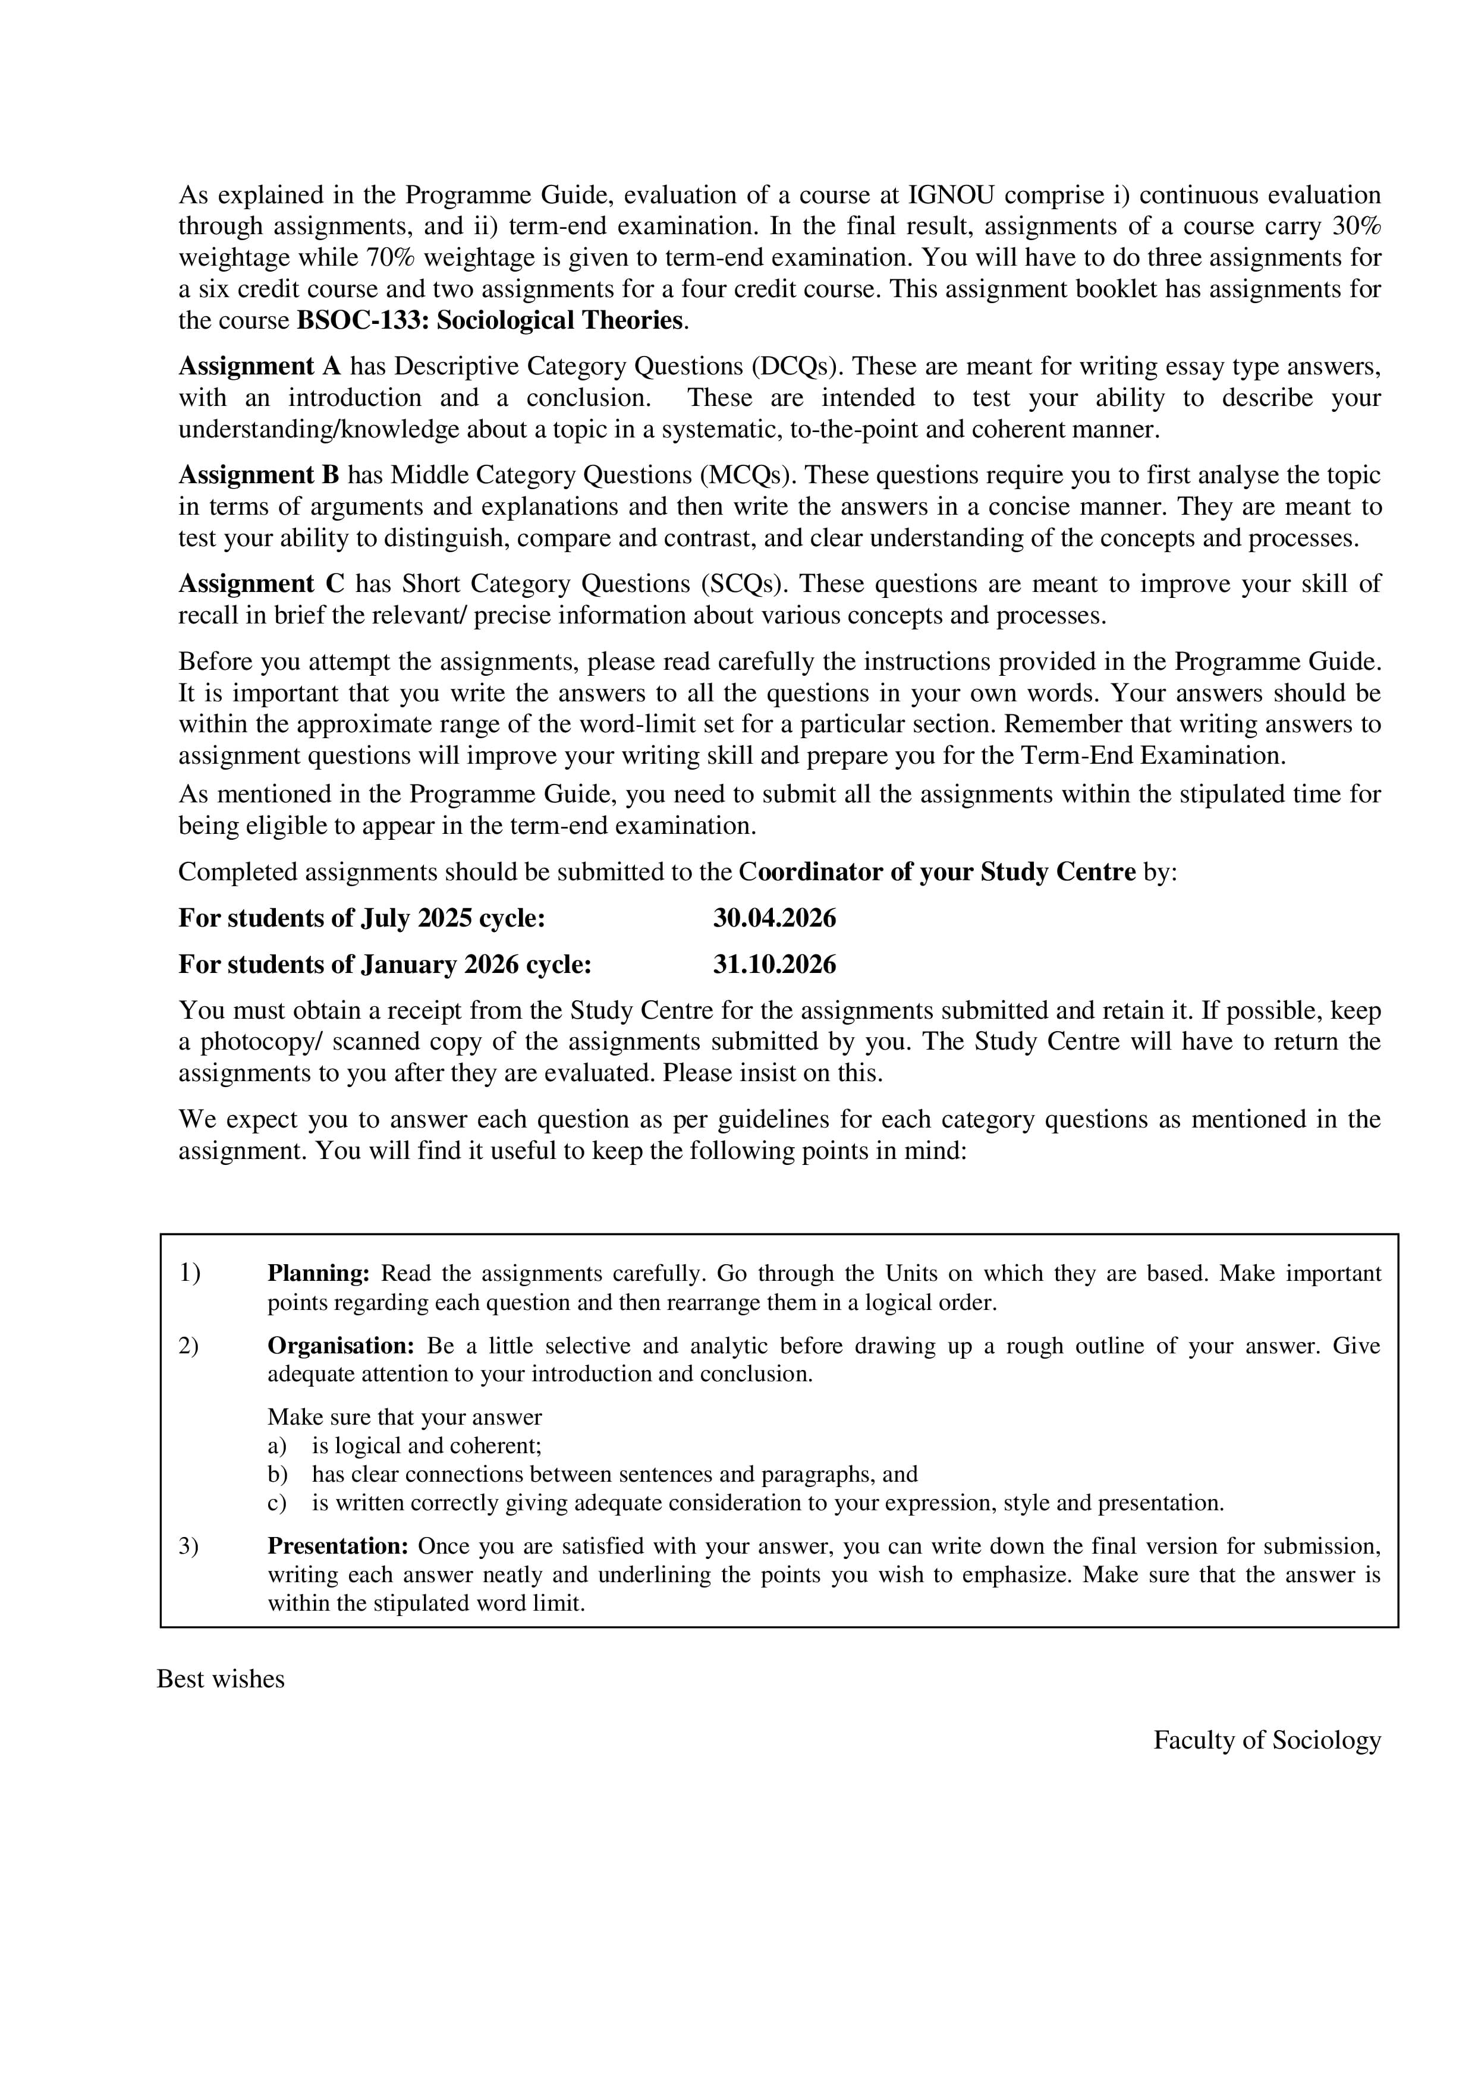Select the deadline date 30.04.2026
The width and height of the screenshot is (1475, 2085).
(774, 918)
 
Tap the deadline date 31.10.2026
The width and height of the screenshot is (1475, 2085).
(774, 965)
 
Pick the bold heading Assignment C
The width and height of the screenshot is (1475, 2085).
(260, 583)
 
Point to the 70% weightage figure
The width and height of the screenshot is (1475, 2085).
(391, 258)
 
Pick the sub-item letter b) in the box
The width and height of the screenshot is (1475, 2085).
(277, 1474)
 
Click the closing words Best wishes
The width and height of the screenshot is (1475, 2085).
(221, 1679)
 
